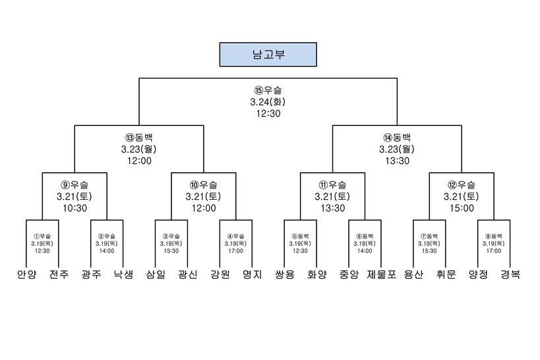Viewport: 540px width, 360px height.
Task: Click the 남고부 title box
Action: pyautogui.click(x=267, y=55)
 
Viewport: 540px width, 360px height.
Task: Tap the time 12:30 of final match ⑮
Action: pyautogui.click(x=268, y=113)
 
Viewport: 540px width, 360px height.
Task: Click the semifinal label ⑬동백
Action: pyautogui.click(x=138, y=138)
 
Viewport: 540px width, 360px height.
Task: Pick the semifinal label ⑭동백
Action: pyautogui.click(x=396, y=138)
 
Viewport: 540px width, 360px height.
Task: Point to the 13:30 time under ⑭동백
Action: pyautogui.click(x=396, y=160)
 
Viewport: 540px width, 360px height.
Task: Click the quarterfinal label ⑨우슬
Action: pyautogui.click(x=74, y=185)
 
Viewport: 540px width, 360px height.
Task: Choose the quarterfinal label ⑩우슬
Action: pyautogui.click(x=203, y=185)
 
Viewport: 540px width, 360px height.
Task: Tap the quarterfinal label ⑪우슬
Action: pyautogui.click(x=332, y=185)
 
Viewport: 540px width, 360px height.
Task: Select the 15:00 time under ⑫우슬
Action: pyautogui.click(x=462, y=208)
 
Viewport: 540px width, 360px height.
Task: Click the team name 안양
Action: pyautogui.click(x=26, y=274)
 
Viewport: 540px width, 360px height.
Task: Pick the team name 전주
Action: pyautogui.click(x=58, y=274)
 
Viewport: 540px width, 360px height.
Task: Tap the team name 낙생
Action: pyautogui.click(x=123, y=274)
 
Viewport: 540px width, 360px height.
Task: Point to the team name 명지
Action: pyautogui.click(x=252, y=274)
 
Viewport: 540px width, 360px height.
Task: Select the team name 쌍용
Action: pyautogui.click(x=284, y=274)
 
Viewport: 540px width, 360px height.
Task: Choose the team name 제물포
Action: pyautogui.click(x=382, y=274)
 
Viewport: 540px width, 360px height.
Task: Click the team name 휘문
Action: pyautogui.click(x=446, y=274)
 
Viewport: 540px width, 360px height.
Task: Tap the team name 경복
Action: pyautogui.click(x=510, y=274)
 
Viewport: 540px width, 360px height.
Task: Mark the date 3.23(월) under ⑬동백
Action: pyautogui.click(x=138, y=149)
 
